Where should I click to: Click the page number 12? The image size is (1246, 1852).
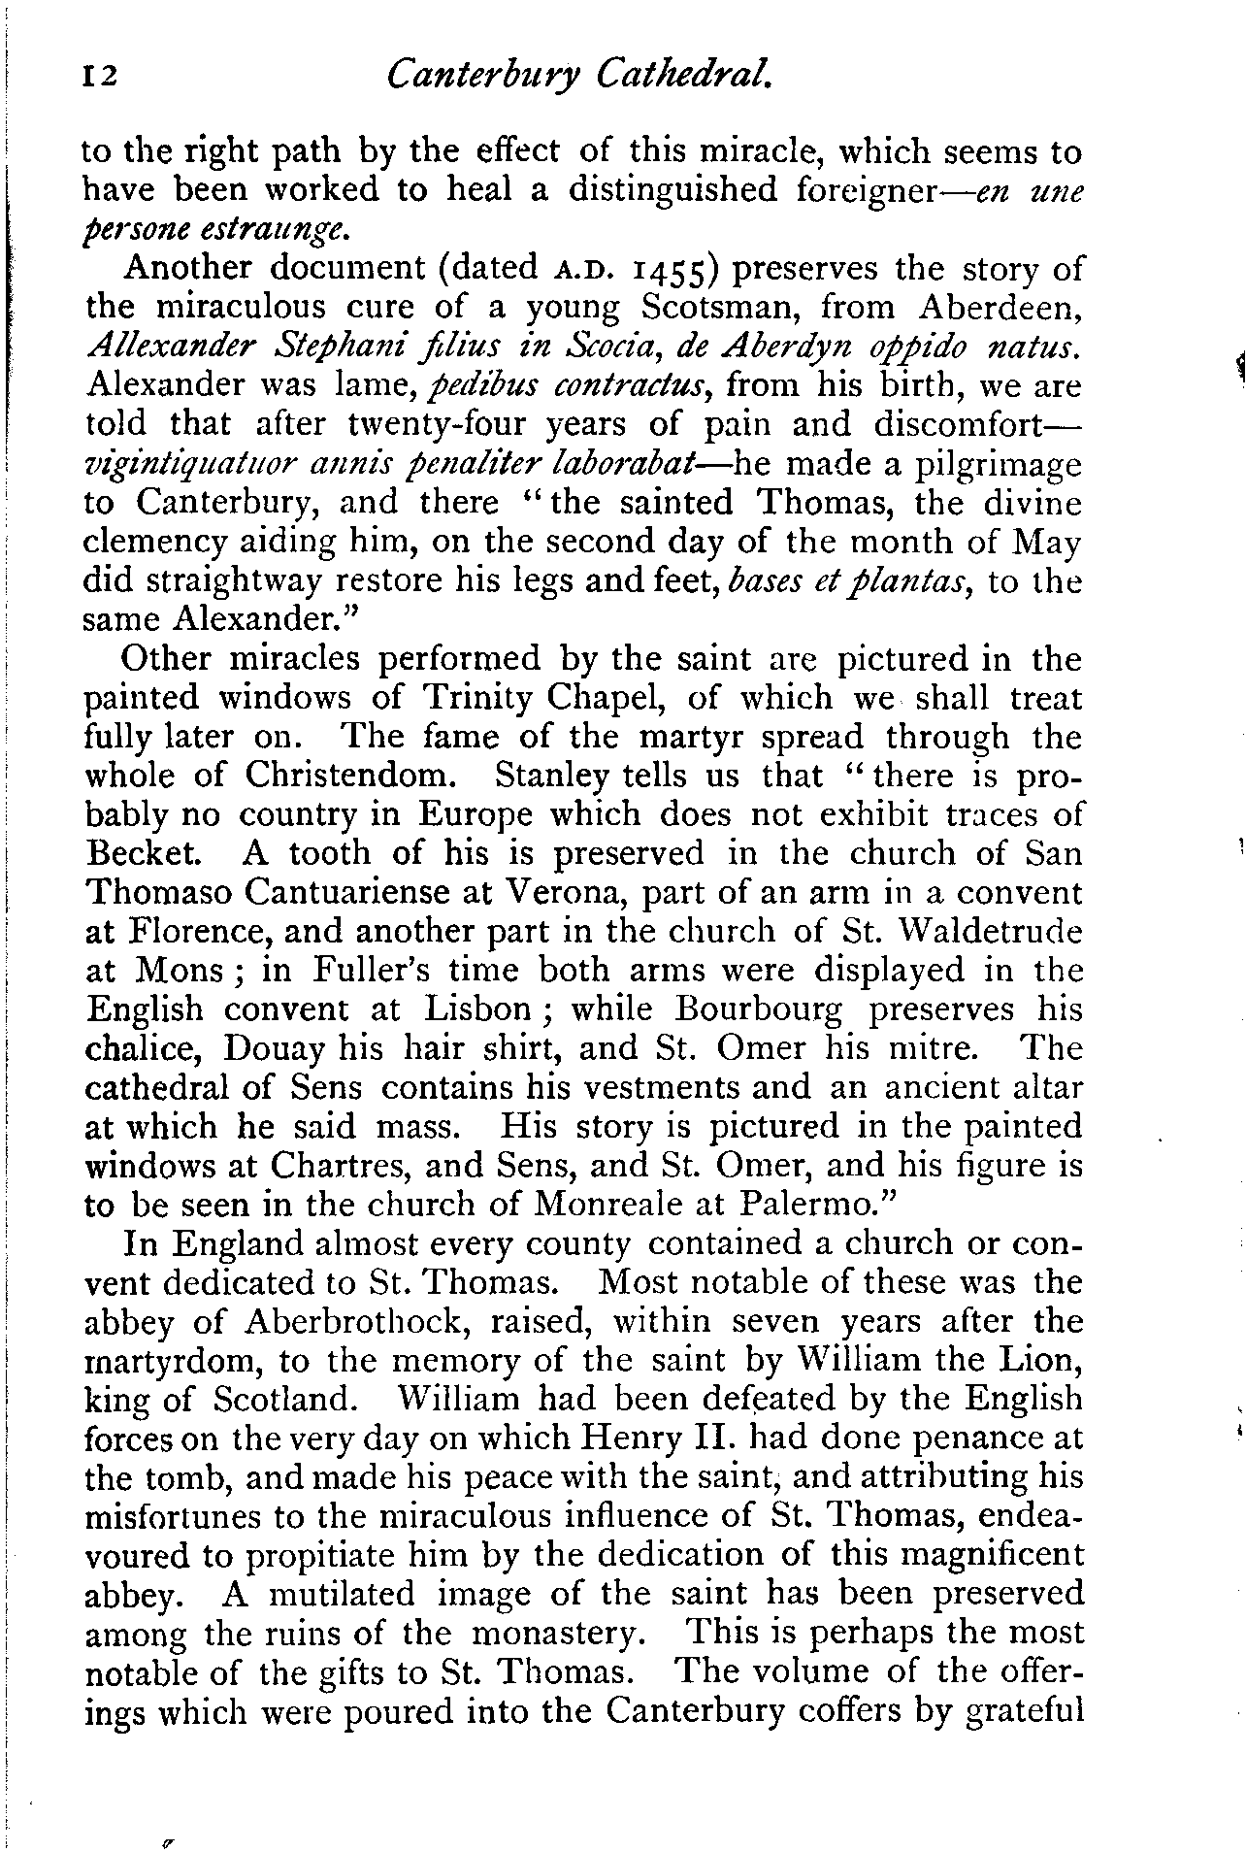(x=100, y=75)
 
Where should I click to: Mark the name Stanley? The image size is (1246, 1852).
(x=552, y=776)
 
